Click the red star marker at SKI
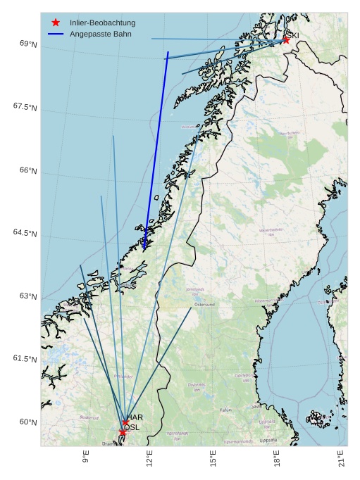coord(286,40)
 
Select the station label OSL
coord(132,427)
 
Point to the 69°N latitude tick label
coord(28,44)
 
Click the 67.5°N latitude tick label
coord(25,106)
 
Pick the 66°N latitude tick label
coord(28,170)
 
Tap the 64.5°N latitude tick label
coord(25,233)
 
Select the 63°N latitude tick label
coord(28,296)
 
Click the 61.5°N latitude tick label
coord(25,358)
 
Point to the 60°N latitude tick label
coord(28,422)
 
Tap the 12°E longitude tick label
coord(149,457)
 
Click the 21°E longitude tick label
coord(342,457)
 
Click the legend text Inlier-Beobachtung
coord(102,23)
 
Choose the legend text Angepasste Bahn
coord(99,34)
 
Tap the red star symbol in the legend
coord(56,23)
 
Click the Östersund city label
coord(204,305)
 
